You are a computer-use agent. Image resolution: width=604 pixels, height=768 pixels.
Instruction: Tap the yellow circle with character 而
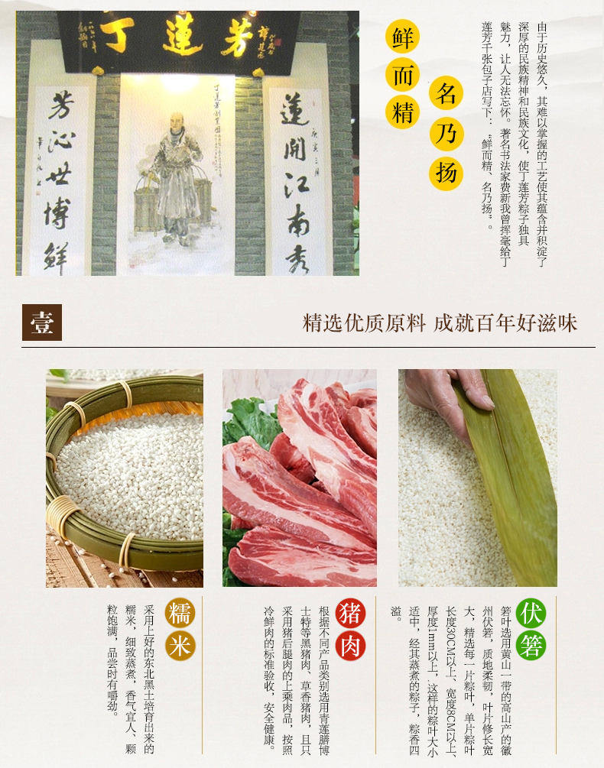pyautogui.click(x=403, y=76)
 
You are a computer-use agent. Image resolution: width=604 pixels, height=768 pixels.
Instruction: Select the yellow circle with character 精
pyautogui.click(x=403, y=113)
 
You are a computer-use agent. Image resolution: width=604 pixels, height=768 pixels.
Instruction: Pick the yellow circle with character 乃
pyautogui.click(x=448, y=134)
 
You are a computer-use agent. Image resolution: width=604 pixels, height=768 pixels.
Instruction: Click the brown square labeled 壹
pyautogui.click(x=41, y=322)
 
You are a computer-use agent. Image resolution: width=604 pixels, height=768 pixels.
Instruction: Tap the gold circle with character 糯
pyautogui.click(x=179, y=614)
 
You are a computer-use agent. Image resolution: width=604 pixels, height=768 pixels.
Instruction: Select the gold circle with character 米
pyautogui.click(x=179, y=645)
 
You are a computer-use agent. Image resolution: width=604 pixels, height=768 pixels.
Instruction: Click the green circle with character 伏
pyautogui.click(x=531, y=614)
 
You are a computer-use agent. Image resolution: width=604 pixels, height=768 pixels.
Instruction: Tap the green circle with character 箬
pyautogui.click(x=531, y=645)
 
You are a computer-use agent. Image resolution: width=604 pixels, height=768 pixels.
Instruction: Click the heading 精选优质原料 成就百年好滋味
pyautogui.click(x=440, y=322)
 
